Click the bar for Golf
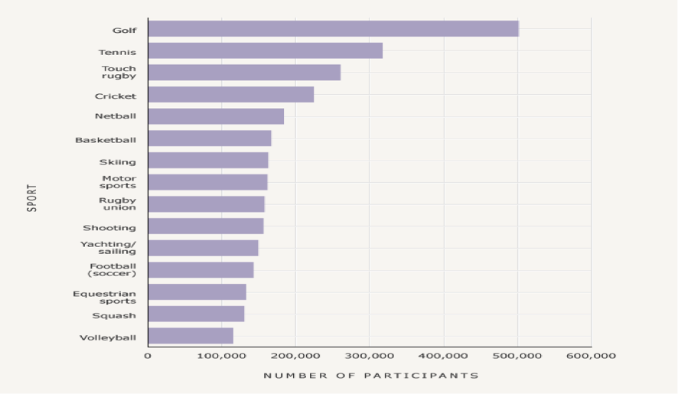click(333, 29)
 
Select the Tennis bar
click(265, 51)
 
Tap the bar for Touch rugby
click(244, 73)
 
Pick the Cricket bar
click(230, 95)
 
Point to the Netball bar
click(216, 116)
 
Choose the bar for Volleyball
click(191, 336)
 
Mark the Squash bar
click(196, 314)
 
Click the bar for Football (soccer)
click(200, 270)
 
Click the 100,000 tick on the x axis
click(221, 356)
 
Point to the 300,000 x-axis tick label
click(369, 356)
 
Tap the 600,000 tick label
click(591, 356)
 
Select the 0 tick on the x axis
click(148, 356)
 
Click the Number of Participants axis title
click(370, 376)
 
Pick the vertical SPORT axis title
click(32, 197)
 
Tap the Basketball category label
click(106, 140)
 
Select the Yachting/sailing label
click(109, 248)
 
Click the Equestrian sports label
click(105, 297)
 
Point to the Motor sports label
click(119, 182)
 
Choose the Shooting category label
click(109, 228)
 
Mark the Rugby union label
click(118, 204)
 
